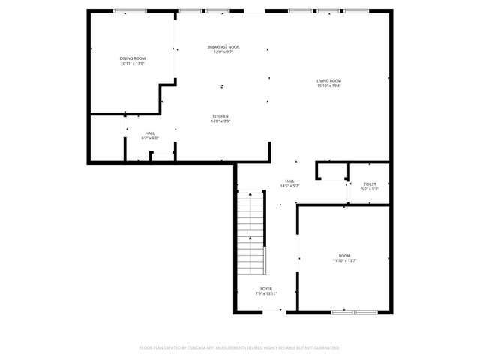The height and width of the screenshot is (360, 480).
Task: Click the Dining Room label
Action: coord(132,58)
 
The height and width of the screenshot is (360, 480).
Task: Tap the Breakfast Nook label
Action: coord(223,47)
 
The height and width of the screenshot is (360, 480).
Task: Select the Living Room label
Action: coord(328,81)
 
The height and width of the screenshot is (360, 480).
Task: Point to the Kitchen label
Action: coord(220,116)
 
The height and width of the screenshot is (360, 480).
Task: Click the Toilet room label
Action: coord(370,184)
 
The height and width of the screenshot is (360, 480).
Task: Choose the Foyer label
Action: coord(266,289)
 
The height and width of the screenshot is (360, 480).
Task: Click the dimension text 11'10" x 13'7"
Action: coord(344,260)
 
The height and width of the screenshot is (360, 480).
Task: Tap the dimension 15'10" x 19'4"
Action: coord(328,86)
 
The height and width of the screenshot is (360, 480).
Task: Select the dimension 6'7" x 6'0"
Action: coord(150,139)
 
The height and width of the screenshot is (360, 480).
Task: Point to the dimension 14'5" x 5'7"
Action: coord(289,186)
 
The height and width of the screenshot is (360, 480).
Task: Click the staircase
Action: coord(251,232)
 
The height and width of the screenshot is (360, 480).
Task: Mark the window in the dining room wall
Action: coord(130,11)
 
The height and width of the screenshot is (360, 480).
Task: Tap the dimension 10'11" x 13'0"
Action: coord(132,64)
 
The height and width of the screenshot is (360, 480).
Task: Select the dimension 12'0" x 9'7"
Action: coord(223,52)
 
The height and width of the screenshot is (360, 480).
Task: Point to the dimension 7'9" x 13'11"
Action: coord(266,294)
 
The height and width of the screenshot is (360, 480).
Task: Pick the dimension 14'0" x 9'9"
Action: coord(220,121)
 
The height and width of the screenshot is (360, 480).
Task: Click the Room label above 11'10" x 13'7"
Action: coord(344,255)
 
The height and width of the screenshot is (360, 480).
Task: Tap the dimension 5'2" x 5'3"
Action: coord(370,189)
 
